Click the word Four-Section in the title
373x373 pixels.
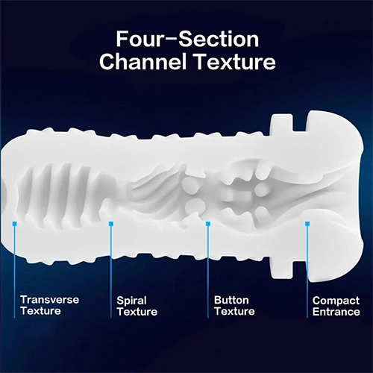pyautogui.click(x=187, y=40)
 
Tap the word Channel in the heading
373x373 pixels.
pyautogui.click(x=143, y=62)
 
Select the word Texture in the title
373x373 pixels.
pyautogui.click(x=235, y=62)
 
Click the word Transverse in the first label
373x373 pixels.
pyautogui.click(x=49, y=300)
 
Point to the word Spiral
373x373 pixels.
pyautogui.click(x=131, y=301)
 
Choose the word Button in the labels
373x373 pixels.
pyautogui.click(x=231, y=300)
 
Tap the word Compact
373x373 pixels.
pyautogui.click(x=336, y=301)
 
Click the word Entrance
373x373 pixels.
pyautogui.click(x=336, y=312)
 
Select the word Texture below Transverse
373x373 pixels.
pyautogui.click(x=41, y=311)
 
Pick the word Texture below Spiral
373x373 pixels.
pyautogui.click(x=137, y=312)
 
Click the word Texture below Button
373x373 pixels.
pyautogui.click(x=234, y=311)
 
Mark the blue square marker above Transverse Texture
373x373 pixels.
pyautogui.click(x=15, y=224)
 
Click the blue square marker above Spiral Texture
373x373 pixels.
pyautogui.click(x=111, y=224)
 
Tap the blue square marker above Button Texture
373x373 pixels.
pyautogui.click(x=208, y=224)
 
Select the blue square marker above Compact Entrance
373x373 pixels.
pyautogui.click(x=307, y=224)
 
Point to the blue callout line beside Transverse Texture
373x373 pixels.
pyautogui.click(x=14, y=272)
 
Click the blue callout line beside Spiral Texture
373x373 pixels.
pyautogui.click(x=111, y=272)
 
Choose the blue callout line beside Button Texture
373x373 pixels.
pyautogui.click(x=208, y=272)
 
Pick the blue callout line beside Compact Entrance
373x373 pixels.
pyautogui.click(x=307, y=272)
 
